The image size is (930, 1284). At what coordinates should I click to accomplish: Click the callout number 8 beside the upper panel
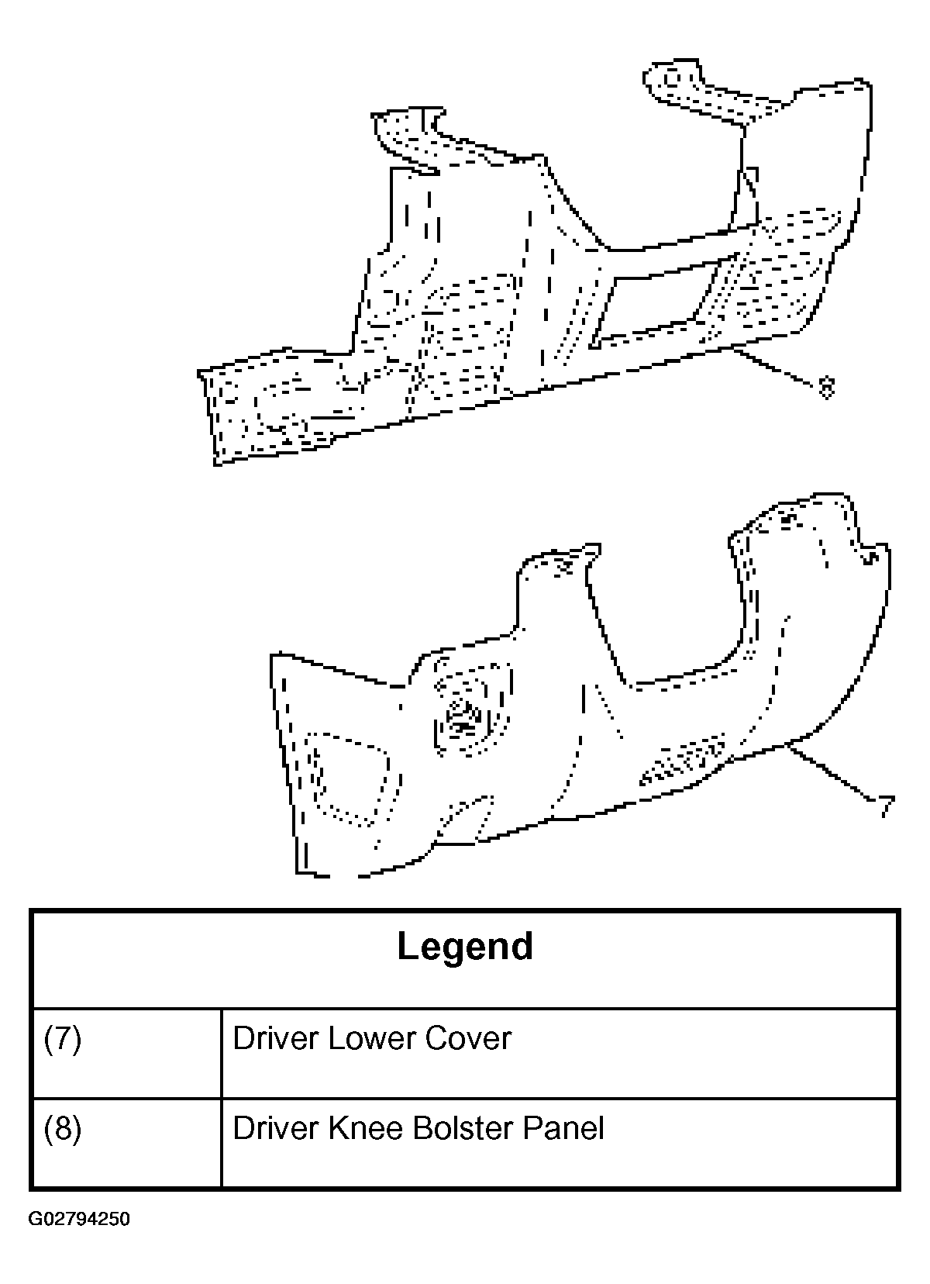tap(825, 388)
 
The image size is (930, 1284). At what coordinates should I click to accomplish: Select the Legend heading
tap(465, 947)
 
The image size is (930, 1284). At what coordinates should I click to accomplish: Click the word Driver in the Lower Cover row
tap(276, 1039)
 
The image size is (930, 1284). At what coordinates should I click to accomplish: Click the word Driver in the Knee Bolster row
tap(276, 1128)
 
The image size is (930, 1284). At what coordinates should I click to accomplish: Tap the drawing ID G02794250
tap(79, 1219)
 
